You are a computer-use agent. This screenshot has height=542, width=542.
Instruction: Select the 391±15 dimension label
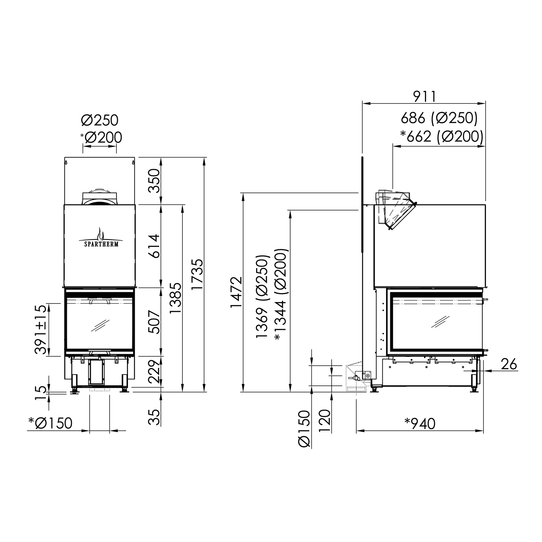point(40,330)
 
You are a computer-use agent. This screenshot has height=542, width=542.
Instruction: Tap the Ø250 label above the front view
point(100,120)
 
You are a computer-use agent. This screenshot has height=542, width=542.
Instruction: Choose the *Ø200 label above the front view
point(101,137)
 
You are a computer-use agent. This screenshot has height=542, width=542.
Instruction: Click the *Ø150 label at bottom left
point(51,423)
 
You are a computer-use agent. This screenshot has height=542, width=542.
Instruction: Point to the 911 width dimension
point(425,96)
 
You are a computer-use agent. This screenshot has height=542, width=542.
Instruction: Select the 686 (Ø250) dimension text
point(439,118)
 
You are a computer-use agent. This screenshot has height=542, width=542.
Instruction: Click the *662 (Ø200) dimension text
point(442,136)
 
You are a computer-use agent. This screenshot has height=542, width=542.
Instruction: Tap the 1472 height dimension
point(236,292)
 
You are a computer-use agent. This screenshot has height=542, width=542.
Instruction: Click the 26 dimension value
point(509,364)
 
